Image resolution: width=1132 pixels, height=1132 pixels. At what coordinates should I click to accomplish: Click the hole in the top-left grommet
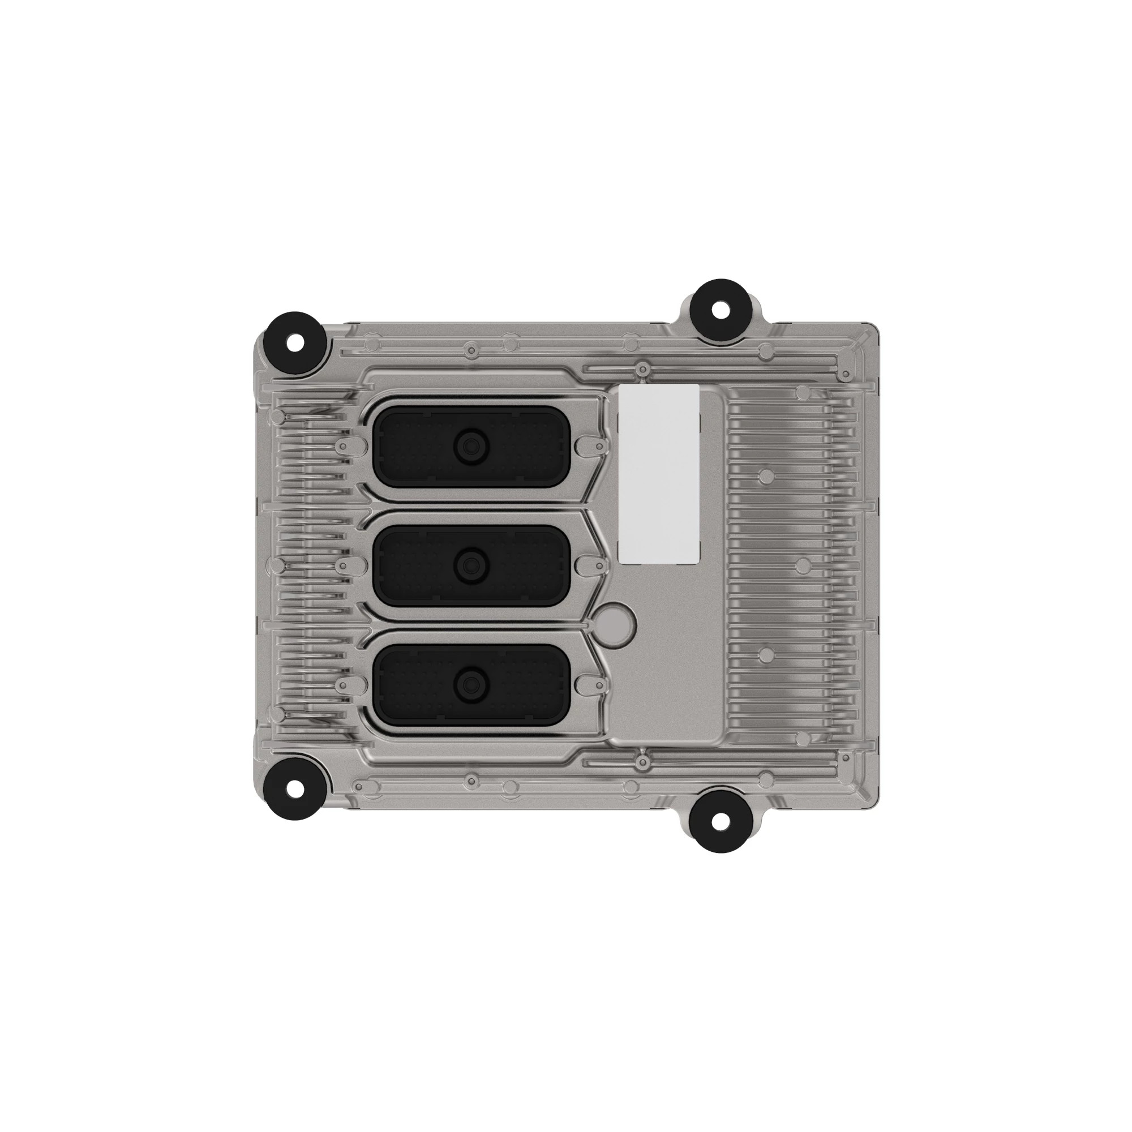click(x=296, y=342)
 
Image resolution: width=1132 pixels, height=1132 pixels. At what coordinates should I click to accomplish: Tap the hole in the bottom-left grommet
click(x=296, y=788)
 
